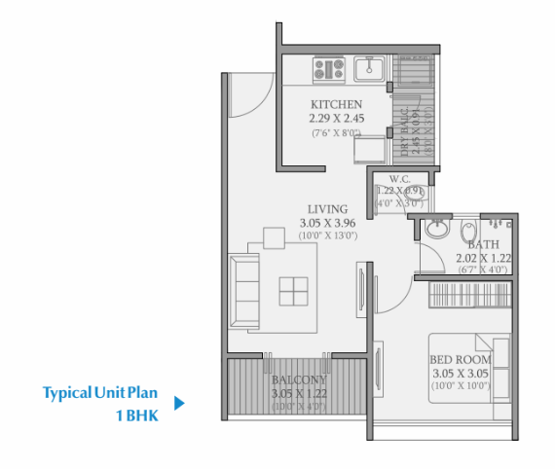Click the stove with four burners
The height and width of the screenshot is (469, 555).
pyautogui.click(x=329, y=69)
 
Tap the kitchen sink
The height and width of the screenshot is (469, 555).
pyautogui.click(x=372, y=69)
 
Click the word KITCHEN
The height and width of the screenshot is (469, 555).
pyautogui.click(x=337, y=104)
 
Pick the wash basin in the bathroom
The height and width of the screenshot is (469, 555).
pyautogui.click(x=435, y=231)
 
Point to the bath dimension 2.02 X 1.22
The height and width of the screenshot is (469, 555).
pyautogui.click(x=483, y=259)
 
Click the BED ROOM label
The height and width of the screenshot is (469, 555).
pyautogui.click(x=461, y=360)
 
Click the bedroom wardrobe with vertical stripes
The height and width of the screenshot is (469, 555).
pyautogui.click(x=469, y=295)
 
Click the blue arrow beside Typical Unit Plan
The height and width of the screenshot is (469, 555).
pyautogui.click(x=179, y=401)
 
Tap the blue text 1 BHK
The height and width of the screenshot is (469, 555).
pyautogui.click(x=136, y=415)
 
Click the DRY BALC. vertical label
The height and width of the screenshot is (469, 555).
pyautogui.click(x=403, y=133)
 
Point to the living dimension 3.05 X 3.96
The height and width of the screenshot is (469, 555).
pyautogui.click(x=328, y=222)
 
